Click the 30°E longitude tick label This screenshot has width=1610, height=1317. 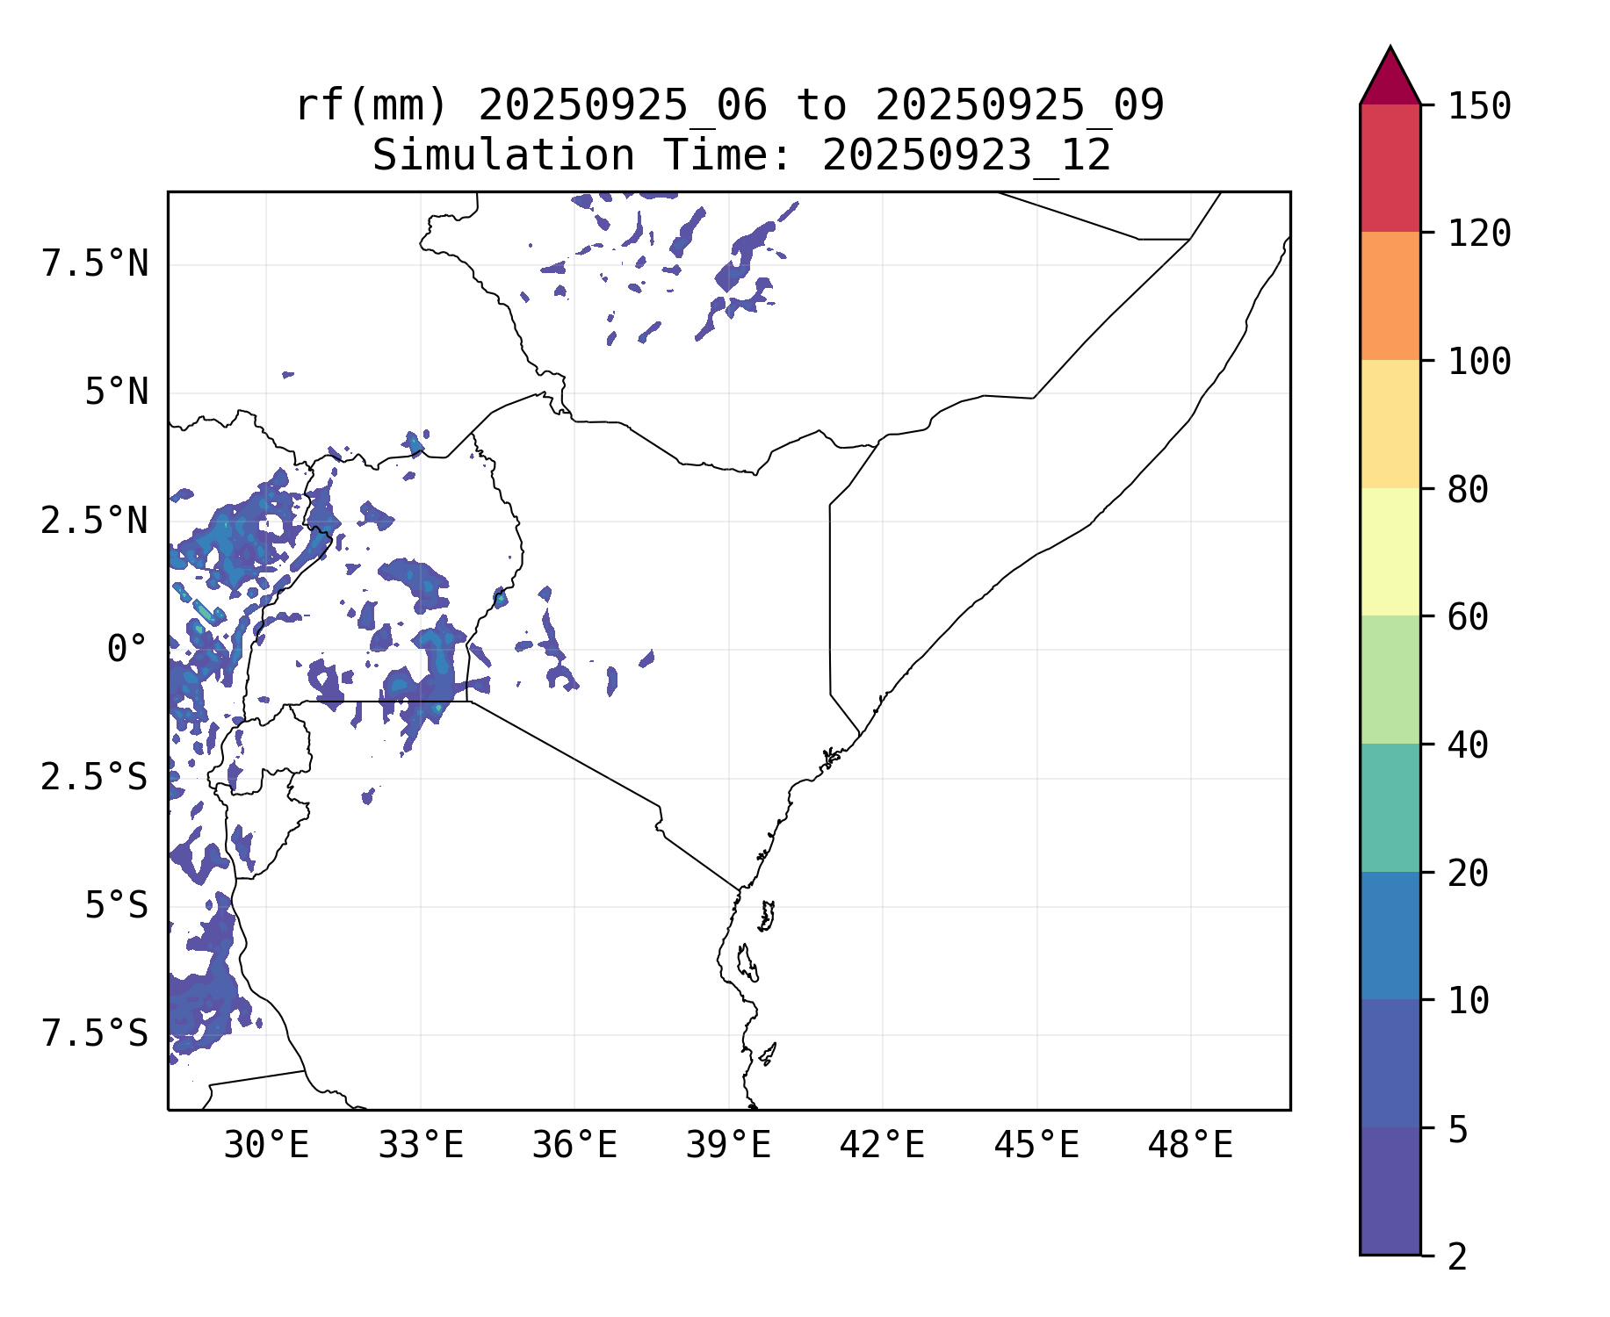pos(266,1146)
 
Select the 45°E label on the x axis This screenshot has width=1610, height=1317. pos(1036,1146)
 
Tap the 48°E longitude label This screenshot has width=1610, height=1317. pos(1190,1146)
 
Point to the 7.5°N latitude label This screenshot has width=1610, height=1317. pos(95,263)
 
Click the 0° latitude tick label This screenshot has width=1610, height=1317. pos(127,650)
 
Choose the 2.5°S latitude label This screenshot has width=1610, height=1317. pos(95,778)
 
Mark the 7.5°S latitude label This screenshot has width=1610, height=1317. pos(95,1034)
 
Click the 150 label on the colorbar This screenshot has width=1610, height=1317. pos(1479,106)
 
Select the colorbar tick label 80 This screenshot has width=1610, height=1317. pos(1468,490)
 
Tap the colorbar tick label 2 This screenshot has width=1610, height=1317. pos(1457,1257)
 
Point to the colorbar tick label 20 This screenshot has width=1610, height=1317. pos(1468,874)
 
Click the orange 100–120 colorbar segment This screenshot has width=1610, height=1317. pos(1390,296)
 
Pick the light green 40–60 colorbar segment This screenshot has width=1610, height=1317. pos(1390,680)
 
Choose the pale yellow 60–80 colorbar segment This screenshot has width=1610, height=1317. pos(1390,551)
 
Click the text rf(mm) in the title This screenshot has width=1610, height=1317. pos(372,105)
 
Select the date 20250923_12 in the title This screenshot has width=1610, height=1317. pos(966,155)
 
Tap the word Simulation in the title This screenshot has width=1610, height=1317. pos(503,155)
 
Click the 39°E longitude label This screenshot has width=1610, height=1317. pos(728,1146)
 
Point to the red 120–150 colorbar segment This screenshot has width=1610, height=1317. pos(1390,168)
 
